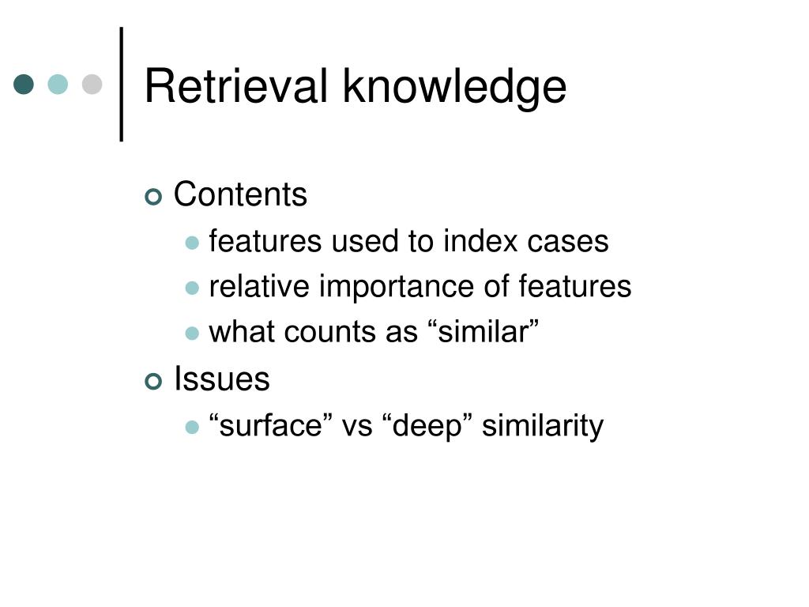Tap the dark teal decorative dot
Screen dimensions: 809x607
pyautogui.click(x=24, y=84)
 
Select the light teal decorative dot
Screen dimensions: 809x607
pyautogui.click(x=58, y=84)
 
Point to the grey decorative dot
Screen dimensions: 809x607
pyautogui.click(x=92, y=84)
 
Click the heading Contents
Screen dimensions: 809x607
pyautogui.click(x=240, y=194)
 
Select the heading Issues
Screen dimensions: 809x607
pyautogui.click(x=221, y=379)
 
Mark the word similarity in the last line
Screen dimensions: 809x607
pyautogui.click(x=543, y=426)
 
